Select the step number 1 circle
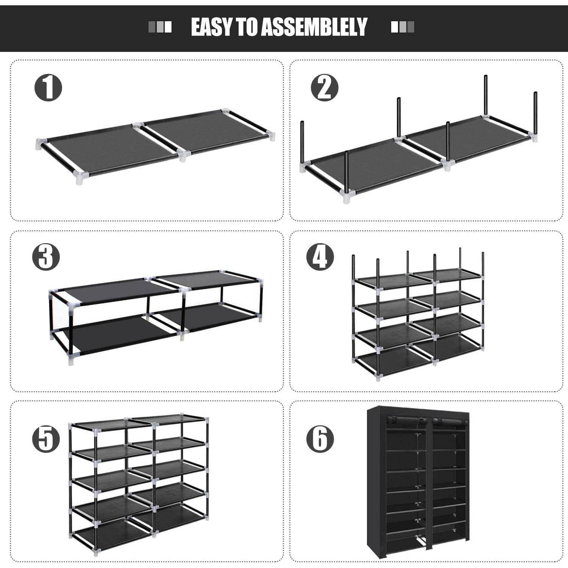tap(48, 88)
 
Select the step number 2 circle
tap(325, 88)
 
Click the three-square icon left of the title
tap(160, 27)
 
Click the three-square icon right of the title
tap(403, 27)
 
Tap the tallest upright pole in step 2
tap(485, 97)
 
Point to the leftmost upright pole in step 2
tap(303, 144)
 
